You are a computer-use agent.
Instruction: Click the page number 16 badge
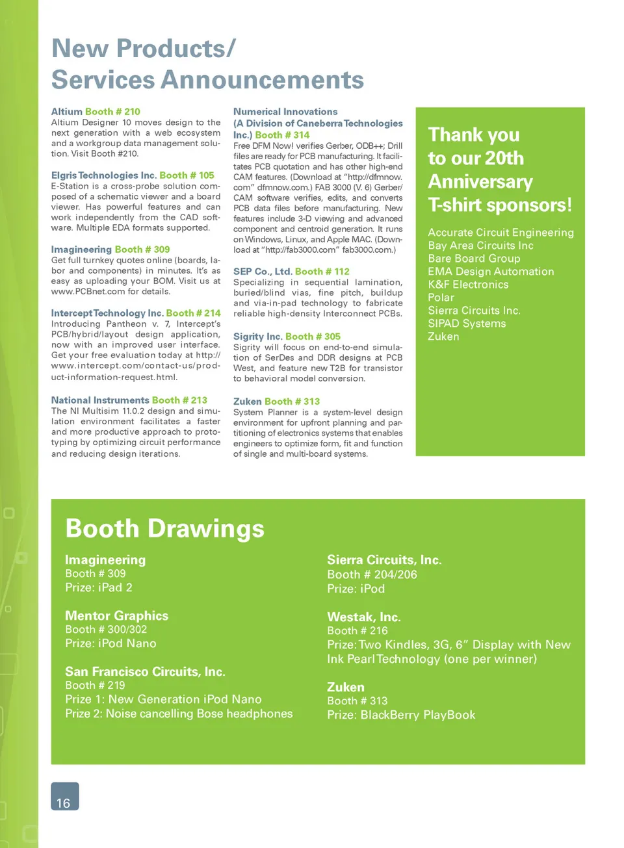(64, 797)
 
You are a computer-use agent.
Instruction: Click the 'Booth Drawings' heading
(164, 528)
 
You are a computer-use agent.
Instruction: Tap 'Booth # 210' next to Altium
(112, 112)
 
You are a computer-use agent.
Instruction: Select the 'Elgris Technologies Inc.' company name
(103, 175)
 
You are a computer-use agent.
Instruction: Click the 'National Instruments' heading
(100, 400)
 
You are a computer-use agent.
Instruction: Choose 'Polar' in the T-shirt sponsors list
(441, 298)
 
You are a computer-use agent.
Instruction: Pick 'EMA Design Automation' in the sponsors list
(491, 272)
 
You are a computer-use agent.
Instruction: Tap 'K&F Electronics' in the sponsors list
(468, 285)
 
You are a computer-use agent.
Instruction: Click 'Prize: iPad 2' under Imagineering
(98, 587)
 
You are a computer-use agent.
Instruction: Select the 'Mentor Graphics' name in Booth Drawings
(116, 615)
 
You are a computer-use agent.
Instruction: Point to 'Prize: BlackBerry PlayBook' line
(401, 715)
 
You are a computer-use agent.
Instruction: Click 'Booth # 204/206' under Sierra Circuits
(372, 574)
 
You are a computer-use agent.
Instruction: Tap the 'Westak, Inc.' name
(363, 617)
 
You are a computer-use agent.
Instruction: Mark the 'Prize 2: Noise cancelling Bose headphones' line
(179, 713)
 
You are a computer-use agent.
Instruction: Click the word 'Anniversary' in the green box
(480, 182)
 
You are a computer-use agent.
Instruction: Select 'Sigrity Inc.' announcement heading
(257, 337)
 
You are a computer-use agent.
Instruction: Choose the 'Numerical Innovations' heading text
(285, 112)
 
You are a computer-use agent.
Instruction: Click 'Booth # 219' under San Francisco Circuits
(95, 685)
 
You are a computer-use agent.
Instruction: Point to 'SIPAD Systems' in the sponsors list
(467, 324)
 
